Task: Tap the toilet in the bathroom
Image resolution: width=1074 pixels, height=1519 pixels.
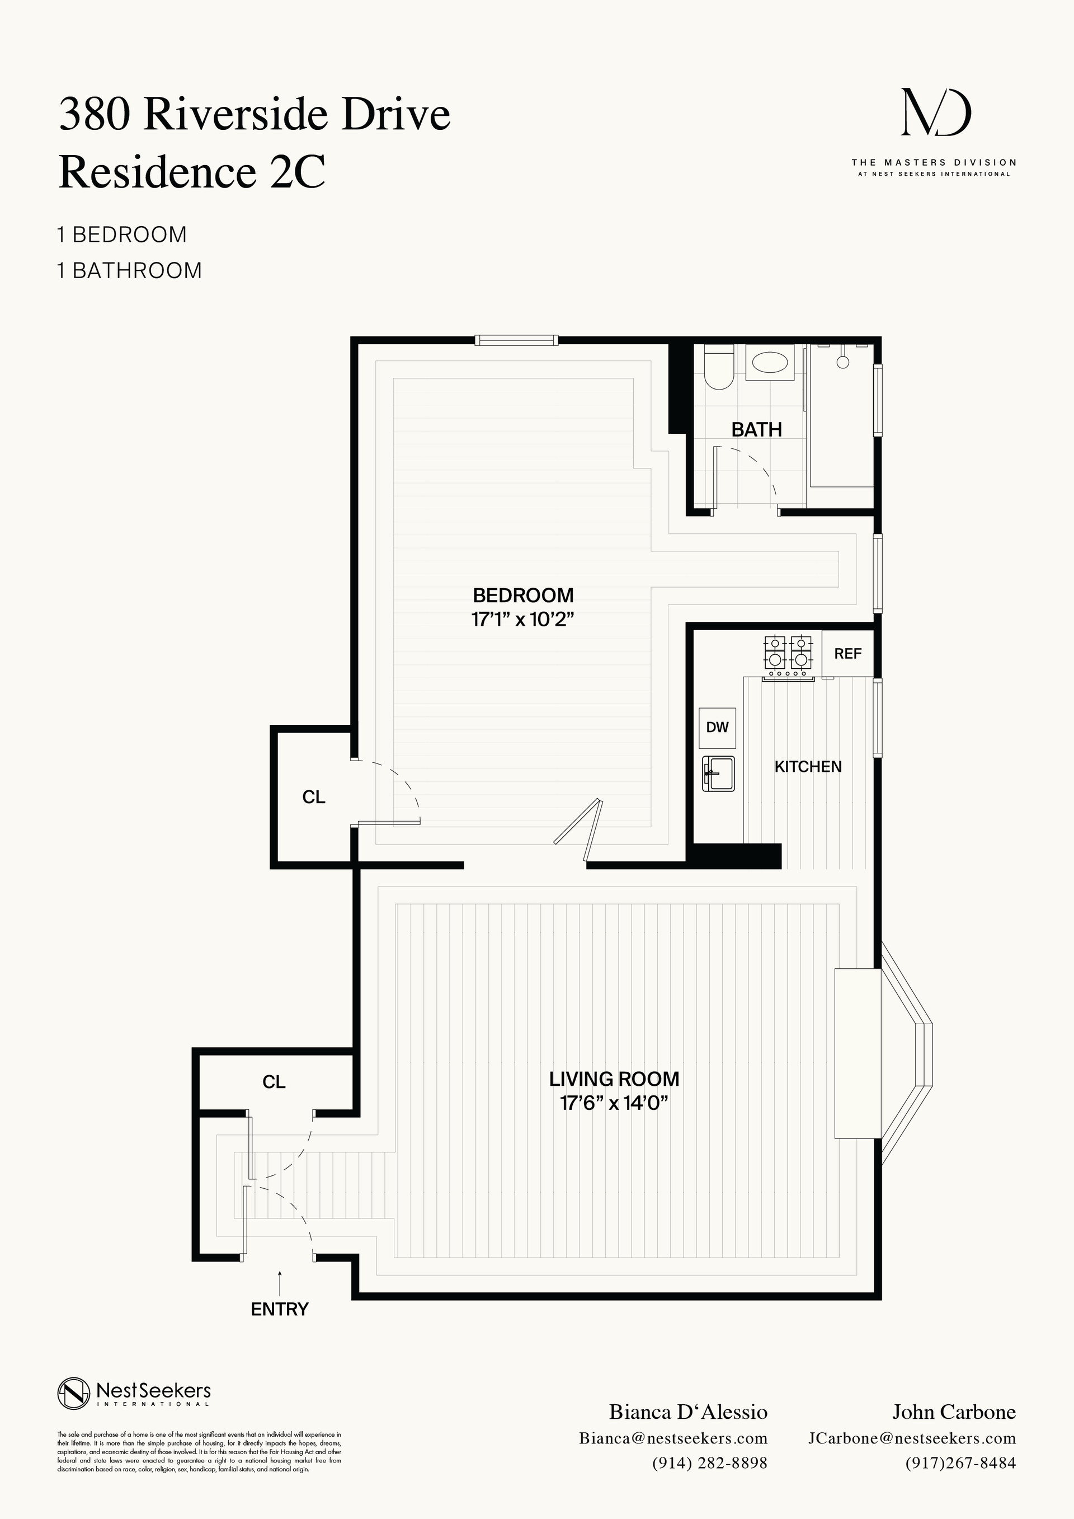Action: click(x=717, y=371)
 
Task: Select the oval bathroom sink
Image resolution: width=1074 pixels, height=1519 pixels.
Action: click(x=770, y=363)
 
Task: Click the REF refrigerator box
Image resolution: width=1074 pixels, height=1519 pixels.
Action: click(x=847, y=654)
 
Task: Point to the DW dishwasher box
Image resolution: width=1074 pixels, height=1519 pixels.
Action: click(x=717, y=728)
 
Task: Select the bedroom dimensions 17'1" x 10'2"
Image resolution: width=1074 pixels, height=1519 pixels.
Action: click(x=522, y=620)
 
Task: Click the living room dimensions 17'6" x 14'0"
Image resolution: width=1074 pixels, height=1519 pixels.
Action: click(x=614, y=1103)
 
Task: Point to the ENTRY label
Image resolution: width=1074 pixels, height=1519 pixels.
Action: click(x=280, y=1309)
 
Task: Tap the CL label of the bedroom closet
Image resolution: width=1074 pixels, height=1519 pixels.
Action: click(x=313, y=797)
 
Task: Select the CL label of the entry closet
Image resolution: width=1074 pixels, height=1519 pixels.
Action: click(x=274, y=1082)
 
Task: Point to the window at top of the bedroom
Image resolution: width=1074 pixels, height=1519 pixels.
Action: click(x=516, y=341)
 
